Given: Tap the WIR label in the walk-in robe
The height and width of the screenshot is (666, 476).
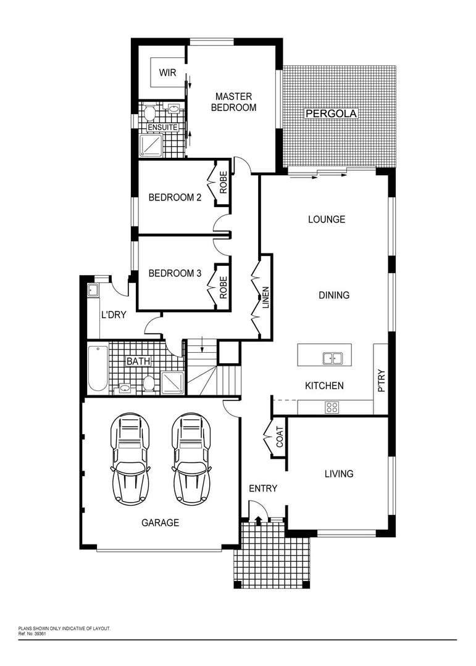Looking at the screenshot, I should (x=167, y=73).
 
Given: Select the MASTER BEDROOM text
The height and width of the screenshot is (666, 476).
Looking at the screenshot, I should (x=233, y=102).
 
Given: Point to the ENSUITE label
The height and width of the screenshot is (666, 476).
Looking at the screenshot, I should (x=162, y=128).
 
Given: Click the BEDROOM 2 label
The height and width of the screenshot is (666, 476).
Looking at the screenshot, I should (x=175, y=198).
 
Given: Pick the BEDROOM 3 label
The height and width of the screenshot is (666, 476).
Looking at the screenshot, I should (x=175, y=273).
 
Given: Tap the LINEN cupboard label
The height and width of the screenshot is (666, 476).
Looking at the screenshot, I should (x=266, y=298).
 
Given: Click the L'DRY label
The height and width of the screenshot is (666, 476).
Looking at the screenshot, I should (x=114, y=314).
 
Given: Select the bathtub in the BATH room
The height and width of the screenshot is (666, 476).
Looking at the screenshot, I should (x=98, y=368).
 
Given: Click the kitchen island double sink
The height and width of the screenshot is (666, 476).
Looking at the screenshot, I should (x=333, y=357).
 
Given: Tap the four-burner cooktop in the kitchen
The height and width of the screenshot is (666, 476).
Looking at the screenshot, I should (x=332, y=407).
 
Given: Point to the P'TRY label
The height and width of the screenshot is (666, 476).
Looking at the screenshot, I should (x=381, y=380).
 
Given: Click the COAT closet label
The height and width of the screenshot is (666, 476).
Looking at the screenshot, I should (x=280, y=437).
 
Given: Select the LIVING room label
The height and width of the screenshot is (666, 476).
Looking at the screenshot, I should (x=339, y=474).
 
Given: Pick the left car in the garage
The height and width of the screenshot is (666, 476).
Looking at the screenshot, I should (x=130, y=458).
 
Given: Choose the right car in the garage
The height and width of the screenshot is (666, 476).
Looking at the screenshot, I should (x=191, y=458).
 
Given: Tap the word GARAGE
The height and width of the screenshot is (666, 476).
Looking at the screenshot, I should (x=160, y=523).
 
